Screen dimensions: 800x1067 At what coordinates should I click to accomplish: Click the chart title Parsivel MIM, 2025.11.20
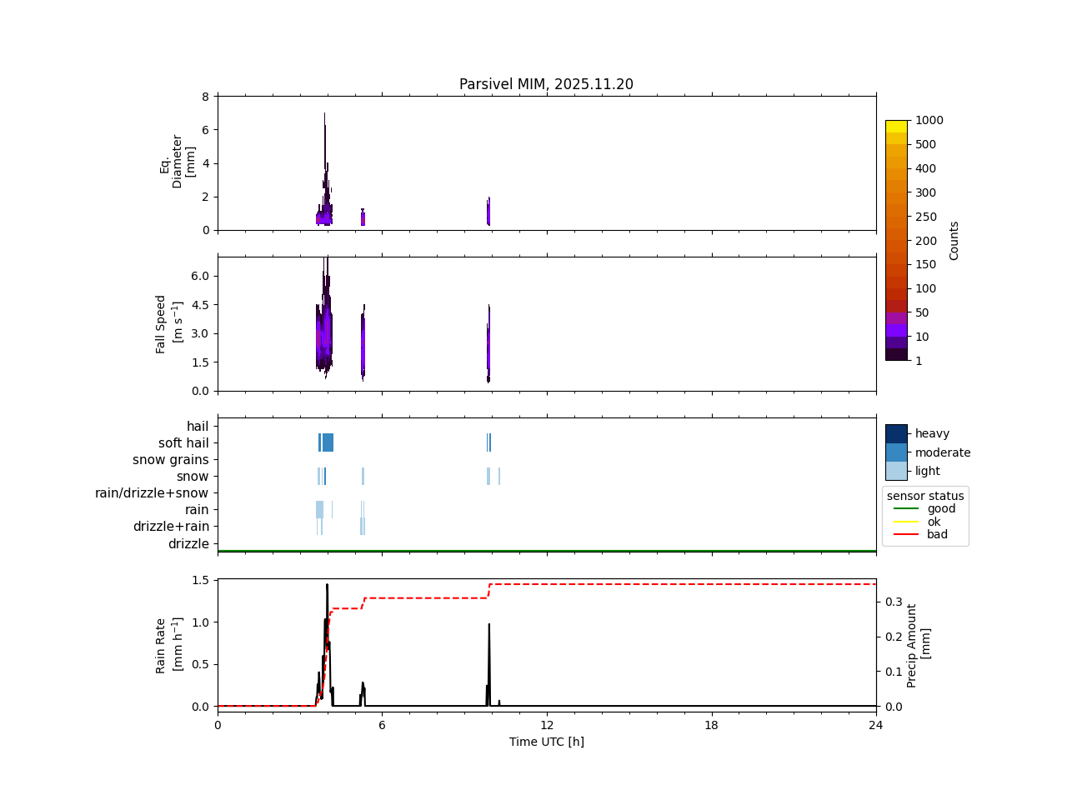546,84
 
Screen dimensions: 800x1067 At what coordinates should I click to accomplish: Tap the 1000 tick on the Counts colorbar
929,120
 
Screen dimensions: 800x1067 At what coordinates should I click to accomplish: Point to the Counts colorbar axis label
954,240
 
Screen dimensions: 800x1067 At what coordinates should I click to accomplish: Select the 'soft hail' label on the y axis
183,443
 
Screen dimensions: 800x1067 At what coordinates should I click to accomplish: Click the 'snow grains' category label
170,460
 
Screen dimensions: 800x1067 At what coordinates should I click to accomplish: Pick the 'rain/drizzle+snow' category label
152,493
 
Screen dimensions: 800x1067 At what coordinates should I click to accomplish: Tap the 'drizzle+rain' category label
171,527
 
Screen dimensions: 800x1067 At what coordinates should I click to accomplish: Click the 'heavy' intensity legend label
932,433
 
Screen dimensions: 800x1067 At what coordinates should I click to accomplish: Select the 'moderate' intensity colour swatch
896,452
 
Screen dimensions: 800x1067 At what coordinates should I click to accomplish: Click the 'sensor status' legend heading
925,496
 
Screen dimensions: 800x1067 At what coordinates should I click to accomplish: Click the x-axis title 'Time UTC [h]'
546,742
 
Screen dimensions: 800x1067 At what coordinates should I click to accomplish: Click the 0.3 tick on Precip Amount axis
893,602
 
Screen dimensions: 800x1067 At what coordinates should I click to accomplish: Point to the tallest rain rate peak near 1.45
327,585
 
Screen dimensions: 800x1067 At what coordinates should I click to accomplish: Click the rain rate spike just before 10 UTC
488,624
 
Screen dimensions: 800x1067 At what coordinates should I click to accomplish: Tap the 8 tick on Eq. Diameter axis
205,97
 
